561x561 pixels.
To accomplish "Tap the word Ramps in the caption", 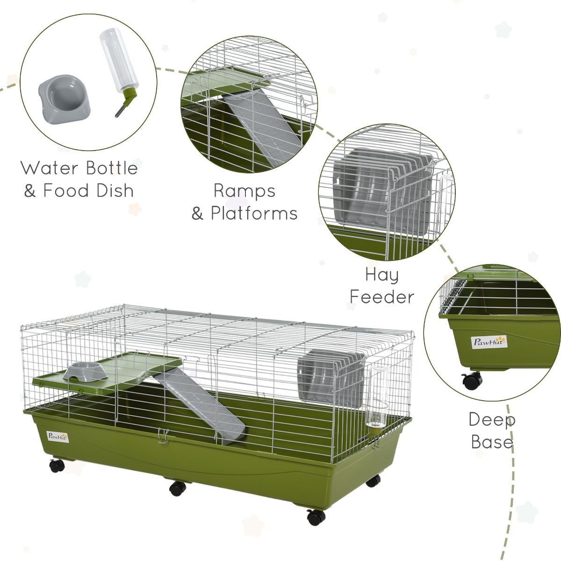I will [245, 191].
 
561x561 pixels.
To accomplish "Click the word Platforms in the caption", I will [254, 213].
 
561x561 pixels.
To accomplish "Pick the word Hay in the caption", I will [382, 275].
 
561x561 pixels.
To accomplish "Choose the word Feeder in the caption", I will [382, 297].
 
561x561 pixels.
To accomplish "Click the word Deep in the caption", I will [492, 420].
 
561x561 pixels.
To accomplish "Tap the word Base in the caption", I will [492, 442].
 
